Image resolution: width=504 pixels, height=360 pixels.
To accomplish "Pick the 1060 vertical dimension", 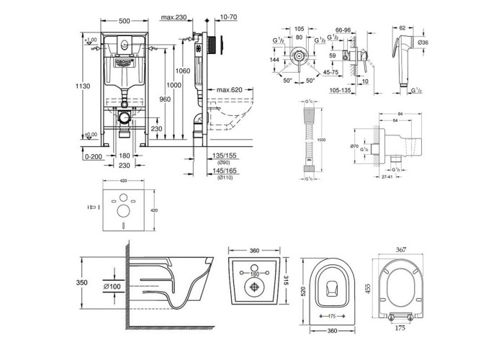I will click(183, 71).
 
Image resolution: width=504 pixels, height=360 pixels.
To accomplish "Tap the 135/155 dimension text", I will click(225, 153).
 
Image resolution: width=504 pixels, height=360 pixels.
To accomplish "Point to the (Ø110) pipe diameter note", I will click(225, 178).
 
